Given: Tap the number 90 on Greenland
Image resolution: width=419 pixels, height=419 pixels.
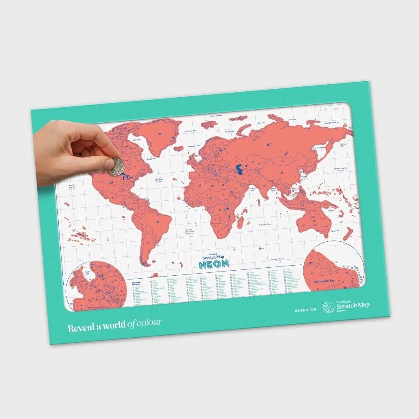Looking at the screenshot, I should point(160,134).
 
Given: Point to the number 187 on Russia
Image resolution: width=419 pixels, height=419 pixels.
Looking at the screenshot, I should point(268,145).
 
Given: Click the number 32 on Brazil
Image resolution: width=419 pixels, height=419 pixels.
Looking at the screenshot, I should point(158,222).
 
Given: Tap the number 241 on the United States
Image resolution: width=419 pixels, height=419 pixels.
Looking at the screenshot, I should point(100,182).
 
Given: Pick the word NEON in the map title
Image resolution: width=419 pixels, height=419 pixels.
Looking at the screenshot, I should point(214,264).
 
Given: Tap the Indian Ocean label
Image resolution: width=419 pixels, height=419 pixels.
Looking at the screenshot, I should point(265,224).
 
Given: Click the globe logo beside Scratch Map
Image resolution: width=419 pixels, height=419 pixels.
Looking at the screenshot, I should point(328,308).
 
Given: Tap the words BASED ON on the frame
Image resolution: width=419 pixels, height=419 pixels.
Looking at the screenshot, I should point(306,310).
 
